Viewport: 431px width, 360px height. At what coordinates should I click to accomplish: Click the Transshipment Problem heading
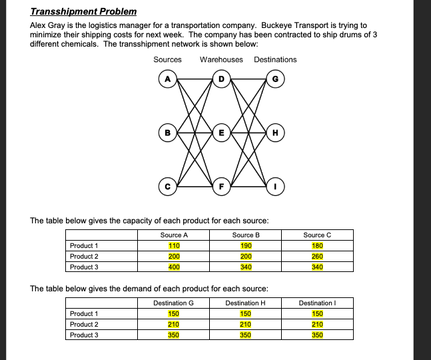pyautogui.click(x=83, y=11)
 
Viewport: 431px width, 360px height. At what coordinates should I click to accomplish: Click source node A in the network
pyautogui.click(x=167, y=81)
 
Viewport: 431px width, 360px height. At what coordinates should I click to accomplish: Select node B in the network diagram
pyautogui.click(x=167, y=132)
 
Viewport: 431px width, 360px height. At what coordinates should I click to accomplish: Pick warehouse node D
pyautogui.click(x=221, y=81)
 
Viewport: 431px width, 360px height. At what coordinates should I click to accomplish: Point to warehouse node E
pyautogui.click(x=221, y=132)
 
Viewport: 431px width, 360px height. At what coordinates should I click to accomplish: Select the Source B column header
pyautogui.click(x=245, y=235)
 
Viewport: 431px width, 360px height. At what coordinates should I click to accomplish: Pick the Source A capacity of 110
pyautogui.click(x=174, y=245)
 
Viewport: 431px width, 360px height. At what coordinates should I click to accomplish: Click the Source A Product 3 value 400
pyautogui.click(x=174, y=267)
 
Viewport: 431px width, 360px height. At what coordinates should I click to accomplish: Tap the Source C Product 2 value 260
pyautogui.click(x=317, y=256)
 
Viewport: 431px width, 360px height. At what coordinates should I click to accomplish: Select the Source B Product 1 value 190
pyautogui.click(x=245, y=245)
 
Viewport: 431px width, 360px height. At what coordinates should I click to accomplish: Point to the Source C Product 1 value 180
pyautogui.click(x=317, y=245)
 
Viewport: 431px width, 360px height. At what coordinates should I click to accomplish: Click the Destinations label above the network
pyautogui.click(x=275, y=60)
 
